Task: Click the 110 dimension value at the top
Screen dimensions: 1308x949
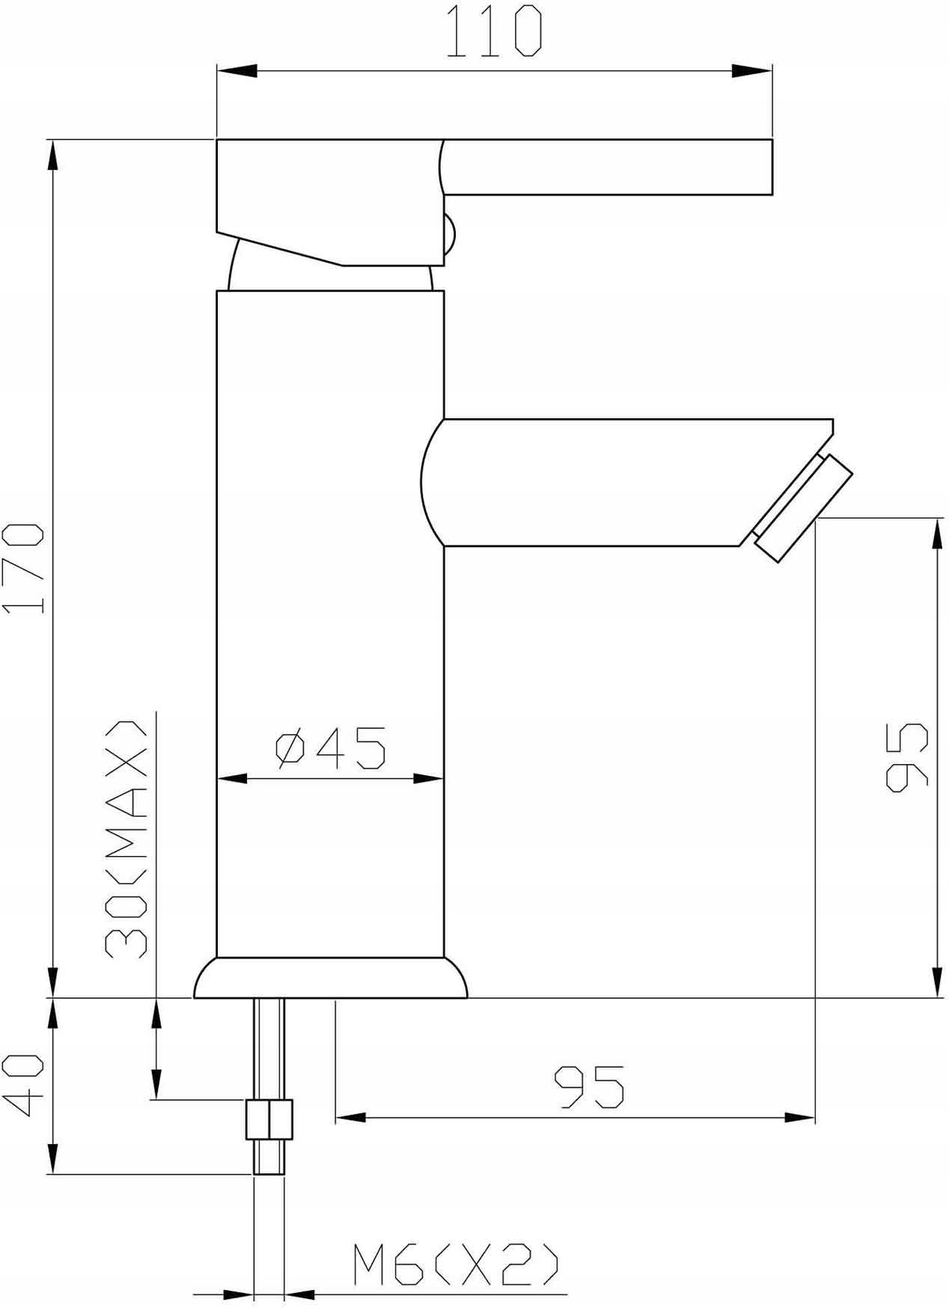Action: tap(493, 31)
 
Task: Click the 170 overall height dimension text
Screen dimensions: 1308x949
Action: tap(24, 569)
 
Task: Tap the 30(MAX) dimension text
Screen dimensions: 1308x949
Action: tap(125, 840)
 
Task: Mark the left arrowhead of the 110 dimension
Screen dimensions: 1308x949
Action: tap(237, 71)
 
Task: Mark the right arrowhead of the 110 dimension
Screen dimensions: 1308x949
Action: tap(751, 71)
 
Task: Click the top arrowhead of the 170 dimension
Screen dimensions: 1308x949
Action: tap(52, 158)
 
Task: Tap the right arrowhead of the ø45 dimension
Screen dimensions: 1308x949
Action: tap(427, 779)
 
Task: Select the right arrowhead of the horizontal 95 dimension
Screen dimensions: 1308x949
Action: tap(798, 1117)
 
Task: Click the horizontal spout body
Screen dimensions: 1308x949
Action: tap(599, 483)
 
